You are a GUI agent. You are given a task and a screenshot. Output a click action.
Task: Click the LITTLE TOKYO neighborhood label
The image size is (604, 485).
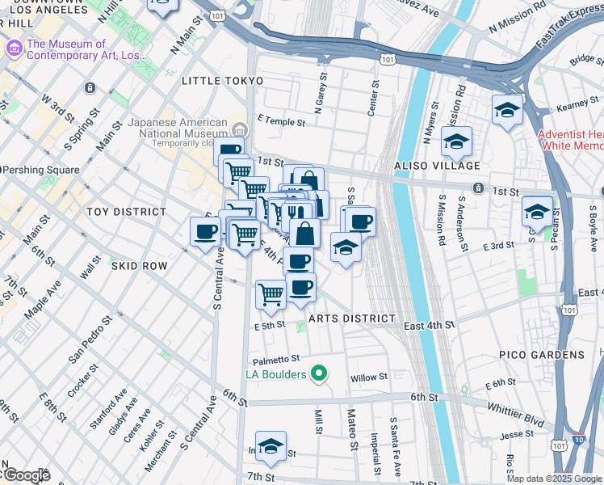click(x=222, y=81)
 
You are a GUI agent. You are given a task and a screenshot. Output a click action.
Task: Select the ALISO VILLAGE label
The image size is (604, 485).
click(x=437, y=165)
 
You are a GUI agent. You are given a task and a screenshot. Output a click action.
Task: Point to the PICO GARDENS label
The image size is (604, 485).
click(x=541, y=355)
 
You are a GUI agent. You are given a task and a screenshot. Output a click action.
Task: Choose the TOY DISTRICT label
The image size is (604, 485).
click(x=126, y=212)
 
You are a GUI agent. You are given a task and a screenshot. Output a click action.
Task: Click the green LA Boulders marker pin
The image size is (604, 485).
click(x=319, y=373)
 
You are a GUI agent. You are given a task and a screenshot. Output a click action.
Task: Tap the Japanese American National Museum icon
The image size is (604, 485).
click(x=240, y=130)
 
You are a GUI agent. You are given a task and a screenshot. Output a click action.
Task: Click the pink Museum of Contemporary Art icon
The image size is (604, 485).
click(x=14, y=49)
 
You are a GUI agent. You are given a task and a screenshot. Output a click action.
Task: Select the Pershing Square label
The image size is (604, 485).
click(x=42, y=170)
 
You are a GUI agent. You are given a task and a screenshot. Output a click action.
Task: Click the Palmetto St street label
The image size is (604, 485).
click(x=275, y=358)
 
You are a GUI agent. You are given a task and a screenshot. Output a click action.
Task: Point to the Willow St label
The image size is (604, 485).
click(x=369, y=377)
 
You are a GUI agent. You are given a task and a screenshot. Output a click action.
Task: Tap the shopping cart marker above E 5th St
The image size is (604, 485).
click(x=271, y=293)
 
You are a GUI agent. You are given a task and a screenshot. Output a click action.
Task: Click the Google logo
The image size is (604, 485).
click(x=27, y=475)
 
